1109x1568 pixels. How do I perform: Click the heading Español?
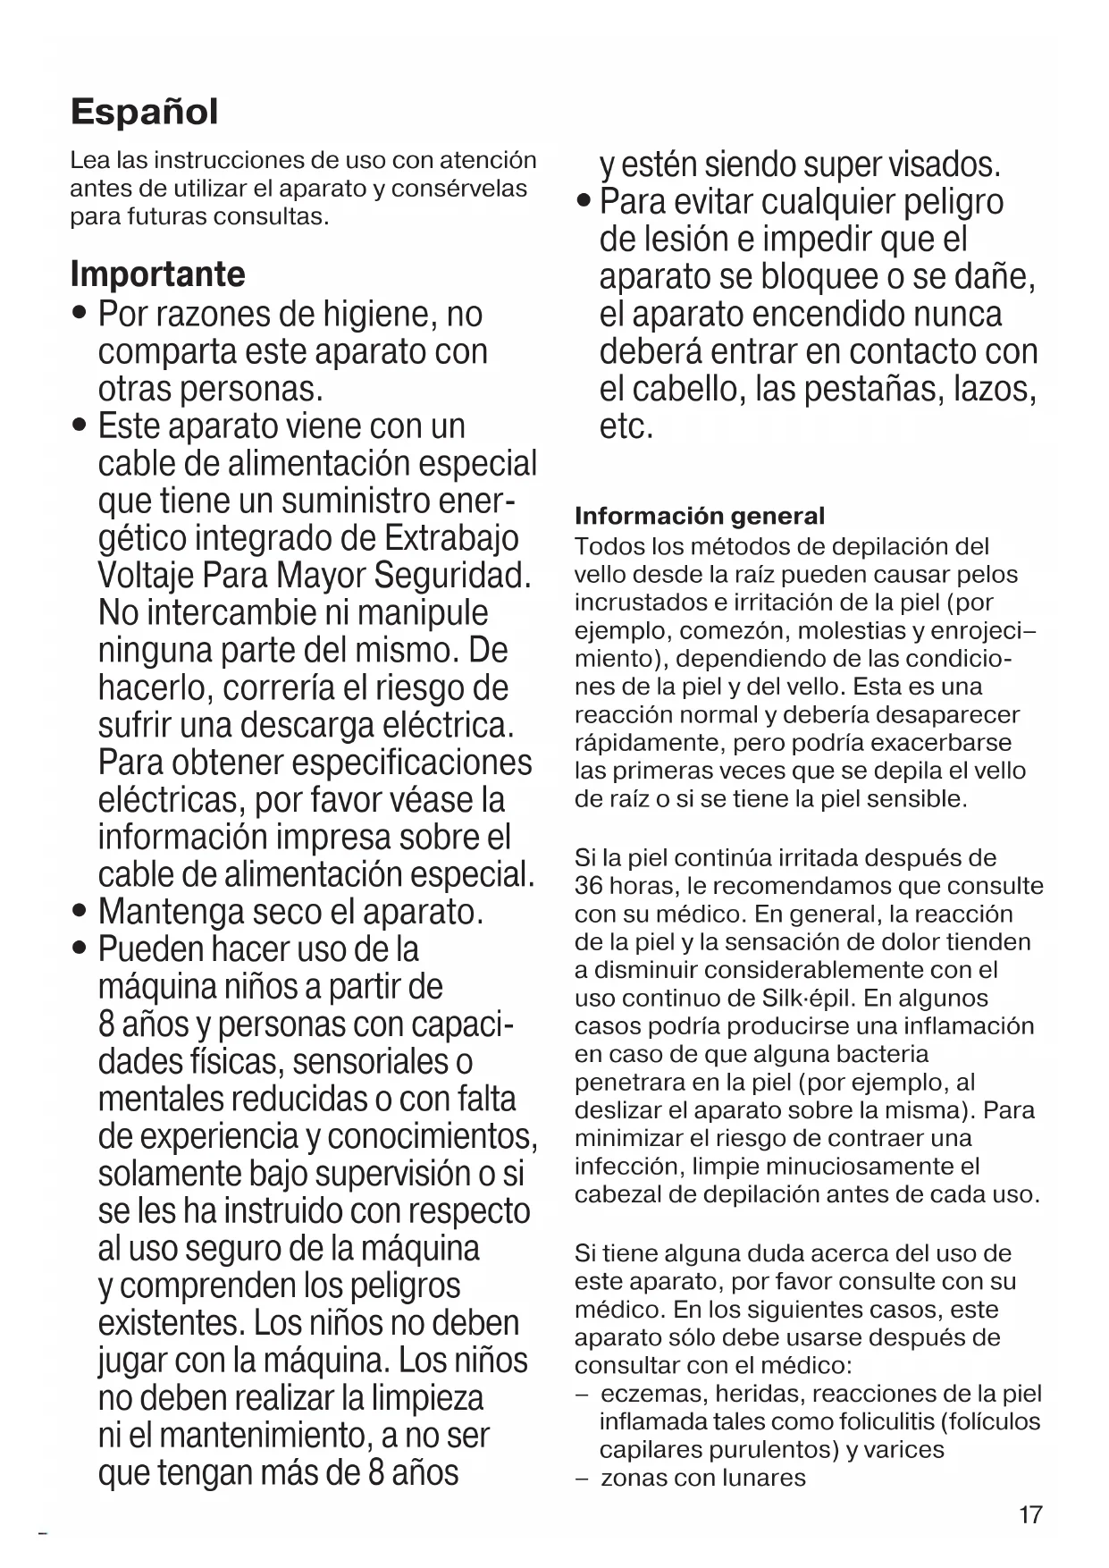coord(144,113)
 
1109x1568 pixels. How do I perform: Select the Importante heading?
coord(157,274)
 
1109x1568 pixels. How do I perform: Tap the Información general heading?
coord(700,516)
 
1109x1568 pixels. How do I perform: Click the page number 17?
coord(1030,1514)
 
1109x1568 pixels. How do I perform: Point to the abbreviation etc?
coord(626,427)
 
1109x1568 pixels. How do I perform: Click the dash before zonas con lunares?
coord(582,1479)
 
